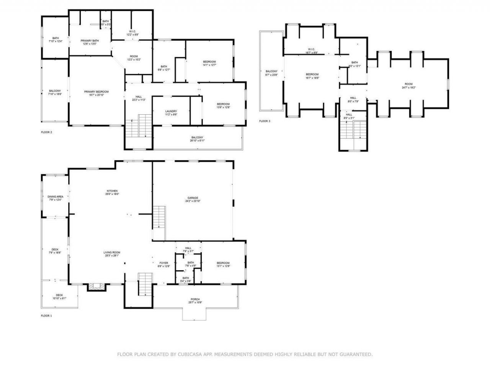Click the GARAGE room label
193,198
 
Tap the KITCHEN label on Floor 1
112,191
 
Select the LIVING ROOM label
112,252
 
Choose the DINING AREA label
55,196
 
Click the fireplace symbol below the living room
96,287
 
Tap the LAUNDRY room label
171,111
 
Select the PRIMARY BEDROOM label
96,92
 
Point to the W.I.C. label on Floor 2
132,31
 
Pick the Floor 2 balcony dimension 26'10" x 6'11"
197,141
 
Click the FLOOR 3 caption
265,121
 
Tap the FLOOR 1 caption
46,316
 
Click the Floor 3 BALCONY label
271,71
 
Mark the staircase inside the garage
159,218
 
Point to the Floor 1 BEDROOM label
223,263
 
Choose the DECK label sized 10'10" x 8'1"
59,295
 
